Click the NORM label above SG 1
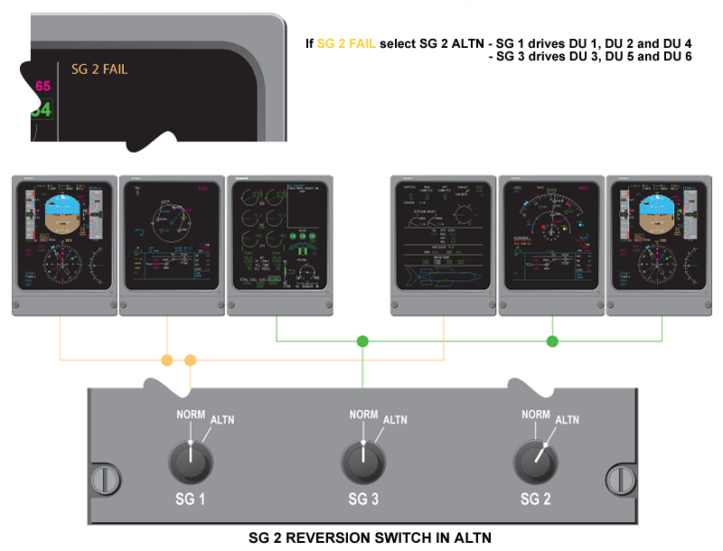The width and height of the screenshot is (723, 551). click(x=190, y=415)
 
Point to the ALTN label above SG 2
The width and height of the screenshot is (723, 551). click(x=567, y=420)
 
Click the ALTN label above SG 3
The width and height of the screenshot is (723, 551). click(x=395, y=420)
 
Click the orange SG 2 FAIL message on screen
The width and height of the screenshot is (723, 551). click(x=99, y=68)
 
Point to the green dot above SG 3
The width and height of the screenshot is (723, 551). click(x=362, y=341)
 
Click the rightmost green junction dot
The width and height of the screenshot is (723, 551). click(x=552, y=341)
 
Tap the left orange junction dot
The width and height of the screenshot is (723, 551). click(x=167, y=360)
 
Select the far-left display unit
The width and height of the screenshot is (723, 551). click(x=65, y=244)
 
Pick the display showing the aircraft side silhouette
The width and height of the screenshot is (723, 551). click(x=444, y=244)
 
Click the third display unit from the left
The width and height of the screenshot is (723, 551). click(x=280, y=244)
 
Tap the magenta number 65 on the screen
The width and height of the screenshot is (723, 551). click(x=42, y=87)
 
